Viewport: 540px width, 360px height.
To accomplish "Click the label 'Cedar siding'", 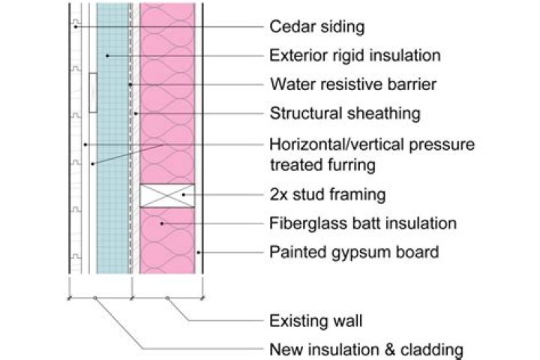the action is click(x=316, y=27).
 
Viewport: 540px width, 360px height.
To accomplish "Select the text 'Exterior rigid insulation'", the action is click(x=355, y=55).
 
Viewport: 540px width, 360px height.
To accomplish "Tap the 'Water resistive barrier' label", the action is click(x=353, y=85).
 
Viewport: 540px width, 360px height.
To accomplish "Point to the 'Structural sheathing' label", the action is click(x=345, y=113).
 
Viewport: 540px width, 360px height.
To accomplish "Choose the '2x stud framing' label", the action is click(x=328, y=195).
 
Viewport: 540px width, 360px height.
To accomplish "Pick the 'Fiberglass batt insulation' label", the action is click(x=363, y=223).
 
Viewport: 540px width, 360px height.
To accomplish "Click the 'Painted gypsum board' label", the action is click(x=354, y=252).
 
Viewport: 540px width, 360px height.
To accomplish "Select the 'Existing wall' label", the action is click(x=316, y=321).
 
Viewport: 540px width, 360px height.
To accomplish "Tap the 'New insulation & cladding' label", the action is click(x=367, y=349).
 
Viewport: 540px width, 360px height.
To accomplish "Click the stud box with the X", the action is click(x=167, y=196).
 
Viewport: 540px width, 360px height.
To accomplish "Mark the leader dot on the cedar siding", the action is click(x=76, y=26).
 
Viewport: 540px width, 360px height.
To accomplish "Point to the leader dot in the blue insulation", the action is click(x=107, y=55).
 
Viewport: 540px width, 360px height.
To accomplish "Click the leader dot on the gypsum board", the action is click(x=198, y=253).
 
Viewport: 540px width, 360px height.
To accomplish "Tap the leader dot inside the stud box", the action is click(x=184, y=195).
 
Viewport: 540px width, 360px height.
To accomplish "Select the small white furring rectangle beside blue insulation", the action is click(x=93, y=93).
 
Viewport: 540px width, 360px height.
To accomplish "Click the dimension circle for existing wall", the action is click(x=167, y=298).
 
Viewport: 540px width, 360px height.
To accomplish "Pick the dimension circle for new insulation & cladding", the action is click(x=95, y=298).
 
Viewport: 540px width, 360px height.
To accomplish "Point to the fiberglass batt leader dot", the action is click(x=162, y=223).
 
